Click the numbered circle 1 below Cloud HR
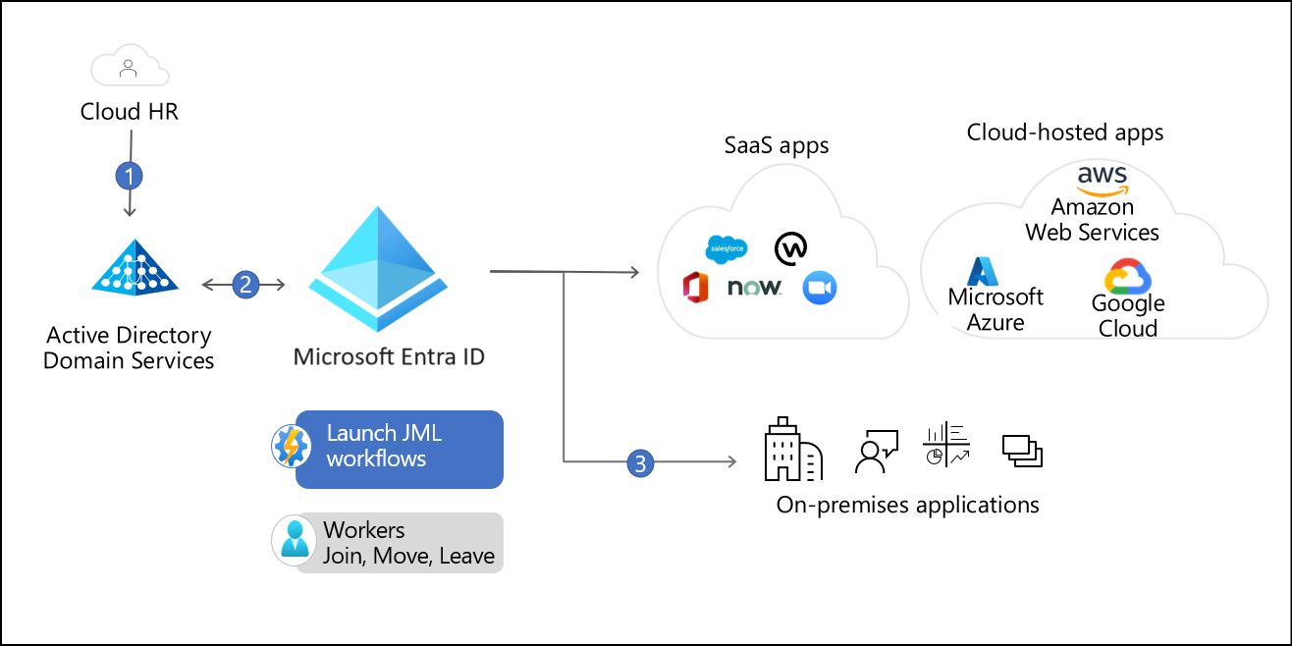(x=130, y=176)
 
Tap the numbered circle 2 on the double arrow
(x=244, y=285)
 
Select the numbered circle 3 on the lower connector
(x=640, y=462)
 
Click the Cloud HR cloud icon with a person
(x=130, y=70)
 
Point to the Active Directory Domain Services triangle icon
(x=135, y=269)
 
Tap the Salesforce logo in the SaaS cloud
(x=726, y=249)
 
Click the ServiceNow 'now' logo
(x=754, y=288)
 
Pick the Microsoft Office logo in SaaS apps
(x=696, y=287)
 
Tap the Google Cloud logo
(x=1127, y=277)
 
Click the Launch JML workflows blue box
(x=400, y=449)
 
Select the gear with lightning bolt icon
(x=291, y=447)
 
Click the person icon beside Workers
(x=292, y=541)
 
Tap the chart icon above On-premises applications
(x=946, y=445)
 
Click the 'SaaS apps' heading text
(x=776, y=145)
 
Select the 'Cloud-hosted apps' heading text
(x=1064, y=132)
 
